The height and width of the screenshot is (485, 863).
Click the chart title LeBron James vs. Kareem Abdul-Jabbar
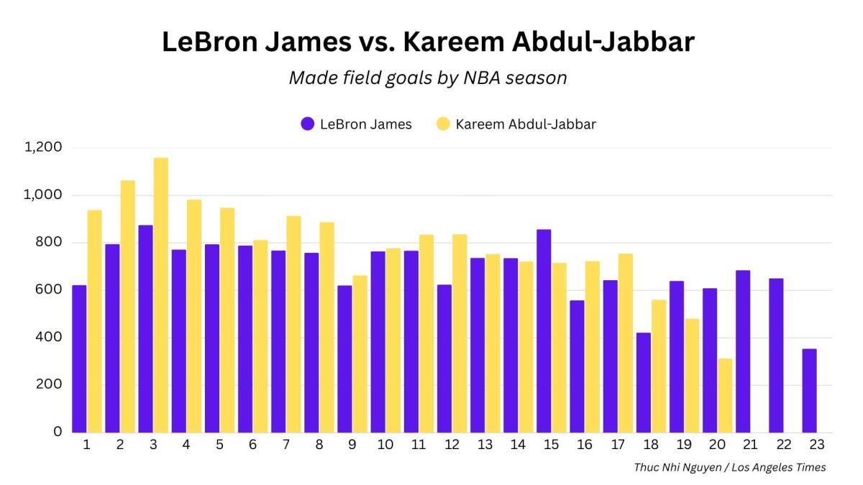point(428,42)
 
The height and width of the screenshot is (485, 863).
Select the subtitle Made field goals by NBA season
point(428,78)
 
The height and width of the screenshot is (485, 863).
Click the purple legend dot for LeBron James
point(308,124)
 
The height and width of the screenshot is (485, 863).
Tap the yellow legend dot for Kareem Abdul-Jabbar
point(443,124)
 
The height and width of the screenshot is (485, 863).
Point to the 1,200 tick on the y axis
point(44,147)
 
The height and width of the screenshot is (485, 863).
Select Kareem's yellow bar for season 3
point(161,295)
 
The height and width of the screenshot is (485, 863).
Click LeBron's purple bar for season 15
point(544,331)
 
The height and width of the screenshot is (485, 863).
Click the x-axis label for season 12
point(451,445)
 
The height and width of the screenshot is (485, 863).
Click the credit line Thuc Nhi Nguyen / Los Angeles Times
point(729,467)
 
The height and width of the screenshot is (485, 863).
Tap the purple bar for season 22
point(776,355)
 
